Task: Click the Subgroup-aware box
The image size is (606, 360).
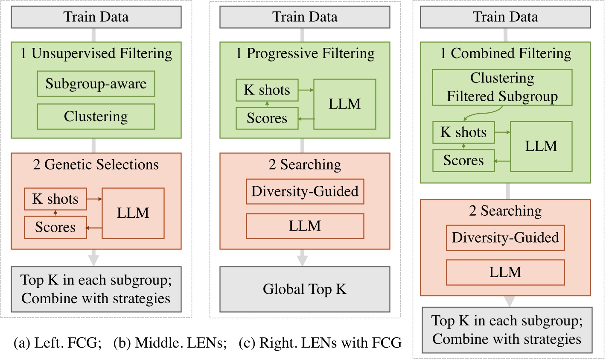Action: (x=96, y=84)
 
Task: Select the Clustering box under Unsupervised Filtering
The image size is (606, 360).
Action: (x=96, y=117)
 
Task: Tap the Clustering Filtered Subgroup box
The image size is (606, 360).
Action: (x=502, y=88)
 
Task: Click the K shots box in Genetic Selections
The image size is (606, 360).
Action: (x=55, y=199)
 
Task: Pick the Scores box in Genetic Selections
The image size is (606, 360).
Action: (x=55, y=227)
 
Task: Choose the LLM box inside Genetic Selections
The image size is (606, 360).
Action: (x=133, y=213)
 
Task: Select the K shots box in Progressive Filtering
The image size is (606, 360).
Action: (x=267, y=90)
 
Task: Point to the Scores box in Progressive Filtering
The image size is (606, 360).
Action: (x=267, y=118)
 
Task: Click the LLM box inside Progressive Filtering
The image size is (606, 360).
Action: (x=344, y=104)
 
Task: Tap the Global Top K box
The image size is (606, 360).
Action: (x=305, y=289)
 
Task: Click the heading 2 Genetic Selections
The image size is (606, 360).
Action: (x=96, y=164)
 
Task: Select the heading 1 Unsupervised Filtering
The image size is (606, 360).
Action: (x=96, y=53)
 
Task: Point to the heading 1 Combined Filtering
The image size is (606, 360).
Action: (x=505, y=53)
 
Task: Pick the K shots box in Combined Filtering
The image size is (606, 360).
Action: (x=463, y=132)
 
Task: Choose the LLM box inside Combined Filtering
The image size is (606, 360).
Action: (x=541, y=146)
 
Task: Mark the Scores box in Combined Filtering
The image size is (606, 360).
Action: (x=463, y=161)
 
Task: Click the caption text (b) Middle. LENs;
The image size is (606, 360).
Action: (x=170, y=342)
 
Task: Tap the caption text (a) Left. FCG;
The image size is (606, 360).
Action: (x=58, y=342)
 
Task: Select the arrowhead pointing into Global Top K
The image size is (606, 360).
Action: (x=303, y=261)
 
